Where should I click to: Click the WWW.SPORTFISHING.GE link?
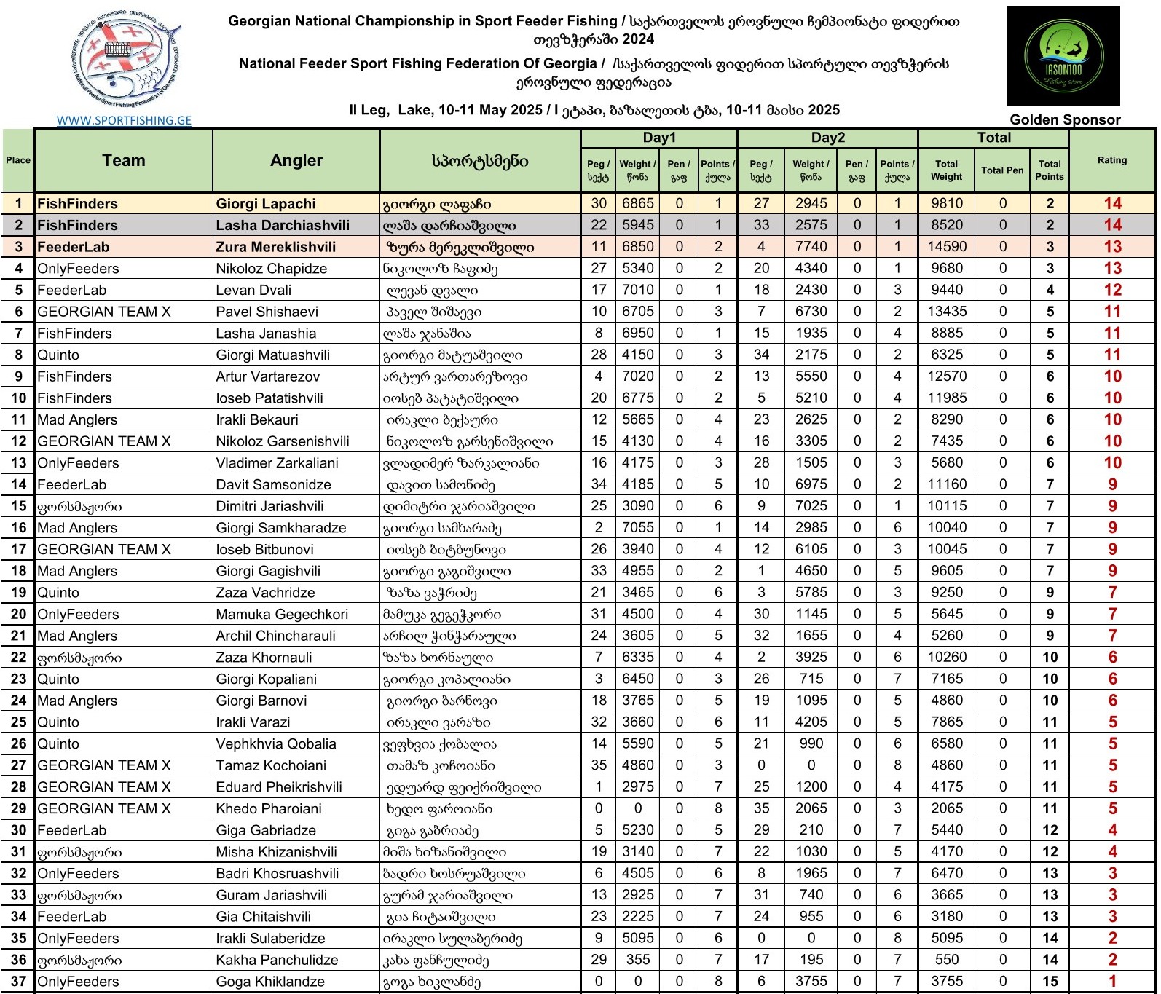pyautogui.click(x=125, y=121)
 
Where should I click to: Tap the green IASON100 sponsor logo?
pyautogui.click(x=1063, y=56)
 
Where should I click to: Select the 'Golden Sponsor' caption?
pyautogui.click(x=1064, y=120)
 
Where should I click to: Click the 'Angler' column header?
pyautogui.click(x=296, y=161)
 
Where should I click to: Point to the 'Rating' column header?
pyautogui.click(x=1111, y=160)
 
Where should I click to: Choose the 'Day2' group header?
pyautogui.click(x=827, y=138)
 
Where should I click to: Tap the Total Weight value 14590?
pyautogui.click(x=946, y=247)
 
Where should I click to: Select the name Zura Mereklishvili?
pyautogui.click(x=275, y=247)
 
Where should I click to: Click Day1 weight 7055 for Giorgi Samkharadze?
pyautogui.click(x=637, y=527)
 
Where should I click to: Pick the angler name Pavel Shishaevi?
pyautogui.click(x=267, y=312)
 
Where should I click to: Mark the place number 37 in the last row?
pyautogui.click(x=19, y=981)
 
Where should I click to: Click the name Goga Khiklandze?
pyautogui.click(x=270, y=982)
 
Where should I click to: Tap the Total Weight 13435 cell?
pyautogui.click(x=946, y=312)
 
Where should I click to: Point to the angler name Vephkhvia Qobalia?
pyautogui.click(x=275, y=743)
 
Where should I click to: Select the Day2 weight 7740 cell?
pyautogui.click(x=811, y=247)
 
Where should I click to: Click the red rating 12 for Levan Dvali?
pyautogui.click(x=1112, y=290)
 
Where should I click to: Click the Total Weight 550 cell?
pyautogui.click(x=946, y=960)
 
